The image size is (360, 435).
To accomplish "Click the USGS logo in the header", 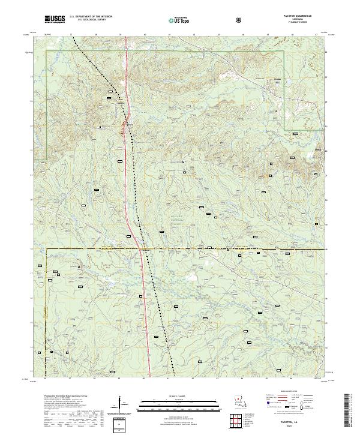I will coord(55,20).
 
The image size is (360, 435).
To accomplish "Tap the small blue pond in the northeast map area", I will coord(277,82).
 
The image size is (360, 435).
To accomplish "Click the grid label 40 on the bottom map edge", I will coord(144,379).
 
